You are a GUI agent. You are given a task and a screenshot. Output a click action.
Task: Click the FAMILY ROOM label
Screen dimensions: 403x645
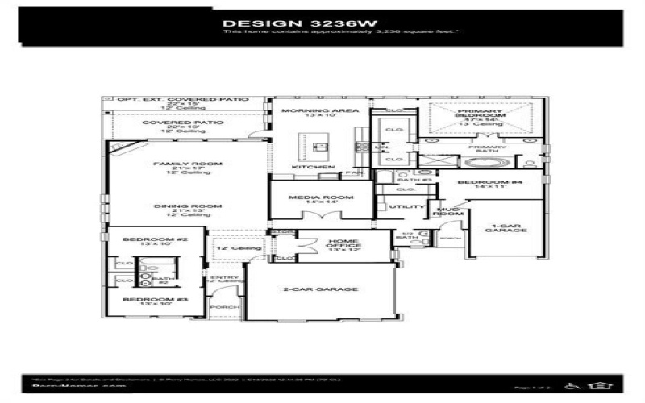[187, 164]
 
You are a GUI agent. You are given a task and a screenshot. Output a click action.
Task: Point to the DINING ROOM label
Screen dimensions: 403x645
[187, 206]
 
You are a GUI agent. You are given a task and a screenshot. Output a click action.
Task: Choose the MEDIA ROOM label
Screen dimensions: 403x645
[321, 197]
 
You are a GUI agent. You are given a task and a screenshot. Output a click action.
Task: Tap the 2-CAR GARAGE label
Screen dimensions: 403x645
[321, 289]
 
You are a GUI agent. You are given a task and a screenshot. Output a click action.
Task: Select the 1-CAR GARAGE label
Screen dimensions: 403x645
[506, 226]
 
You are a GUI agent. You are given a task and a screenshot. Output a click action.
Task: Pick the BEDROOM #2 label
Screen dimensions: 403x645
[144, 240]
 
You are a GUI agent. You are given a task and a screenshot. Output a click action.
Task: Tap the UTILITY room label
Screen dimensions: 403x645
[401, 207]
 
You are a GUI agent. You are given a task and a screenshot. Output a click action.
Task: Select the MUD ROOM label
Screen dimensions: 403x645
[447, 212]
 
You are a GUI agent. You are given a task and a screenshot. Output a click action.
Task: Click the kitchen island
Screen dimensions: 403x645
[321, 147]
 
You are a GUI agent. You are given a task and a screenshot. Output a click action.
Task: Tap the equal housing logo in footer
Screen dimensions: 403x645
[597, 386]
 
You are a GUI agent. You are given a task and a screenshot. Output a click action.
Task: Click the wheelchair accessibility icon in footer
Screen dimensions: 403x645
[574, 386]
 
